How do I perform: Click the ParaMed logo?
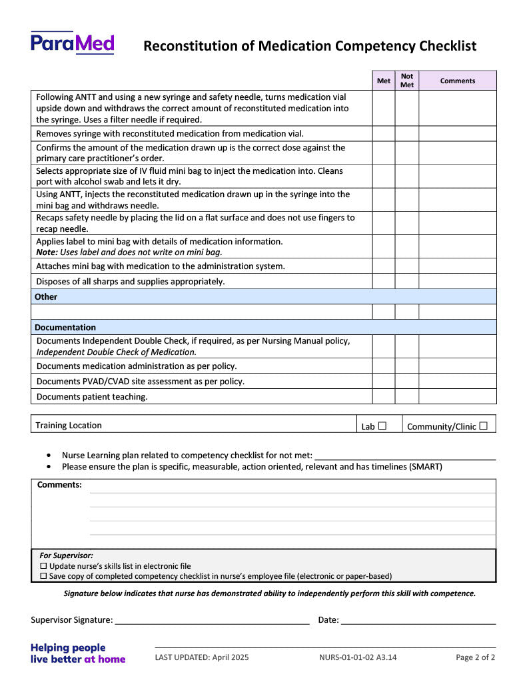(72, 43)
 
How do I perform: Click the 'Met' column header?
(384, 81)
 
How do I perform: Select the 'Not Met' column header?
(407, 81)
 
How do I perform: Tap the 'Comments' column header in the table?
(458, 81)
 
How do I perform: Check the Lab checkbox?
(382, 426)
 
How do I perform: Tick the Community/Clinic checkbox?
(483, 426)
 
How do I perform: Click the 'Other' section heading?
(46, 296)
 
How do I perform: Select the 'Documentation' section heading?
(65, 327)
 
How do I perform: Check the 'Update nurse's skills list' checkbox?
(44, 566)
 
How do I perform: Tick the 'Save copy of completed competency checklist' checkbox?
(44, 576)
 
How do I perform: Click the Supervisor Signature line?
(212, 620)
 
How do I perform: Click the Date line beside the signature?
(418, 620)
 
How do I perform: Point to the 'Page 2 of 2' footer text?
(475, 657)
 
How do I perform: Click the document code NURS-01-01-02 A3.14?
(358, 657)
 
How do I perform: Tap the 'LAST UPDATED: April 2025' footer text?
(202, 657)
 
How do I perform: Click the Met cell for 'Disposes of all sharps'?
(384, 281)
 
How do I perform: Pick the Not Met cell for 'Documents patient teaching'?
(407, 396)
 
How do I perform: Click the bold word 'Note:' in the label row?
(47, 252)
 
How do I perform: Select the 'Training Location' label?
(69, 425)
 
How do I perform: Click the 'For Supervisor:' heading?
(67, 555)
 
